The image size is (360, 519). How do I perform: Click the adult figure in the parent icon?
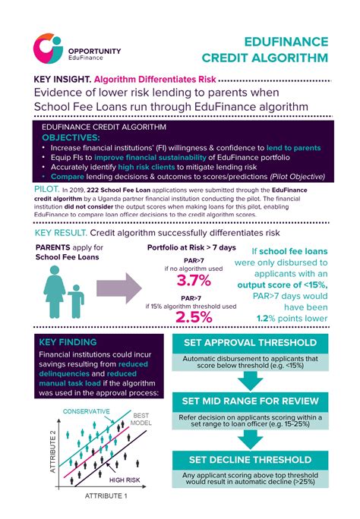[x=55, y=291]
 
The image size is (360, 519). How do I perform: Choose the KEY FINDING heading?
[x=67, y=343]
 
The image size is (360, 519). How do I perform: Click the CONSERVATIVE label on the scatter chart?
[x=86, y=412]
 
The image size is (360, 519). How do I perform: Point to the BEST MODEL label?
[x=142, y=420]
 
